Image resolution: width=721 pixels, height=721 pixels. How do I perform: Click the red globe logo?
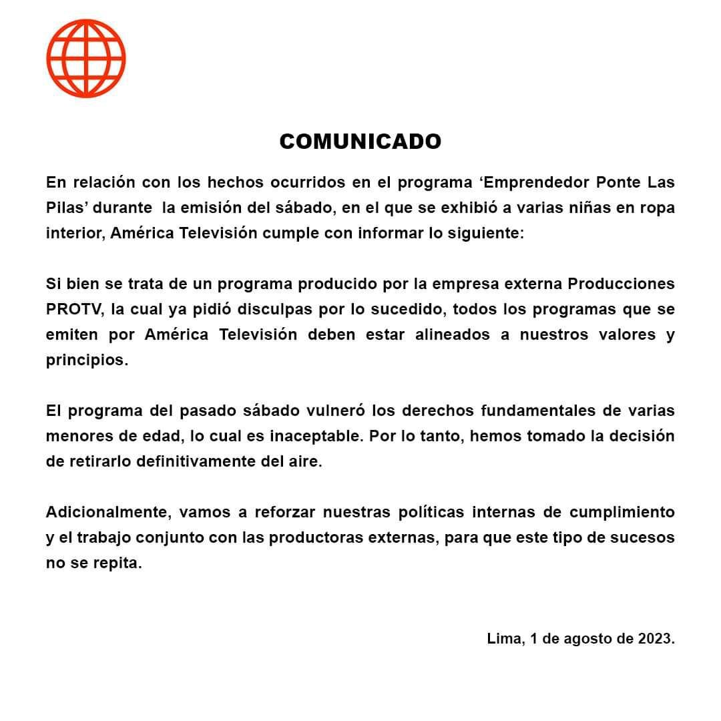86,58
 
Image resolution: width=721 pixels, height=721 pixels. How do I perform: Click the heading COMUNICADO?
360,142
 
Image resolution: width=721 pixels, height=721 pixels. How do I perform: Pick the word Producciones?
621,283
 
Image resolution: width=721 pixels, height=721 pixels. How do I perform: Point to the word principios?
86,360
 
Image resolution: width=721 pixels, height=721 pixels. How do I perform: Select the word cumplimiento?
622,512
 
